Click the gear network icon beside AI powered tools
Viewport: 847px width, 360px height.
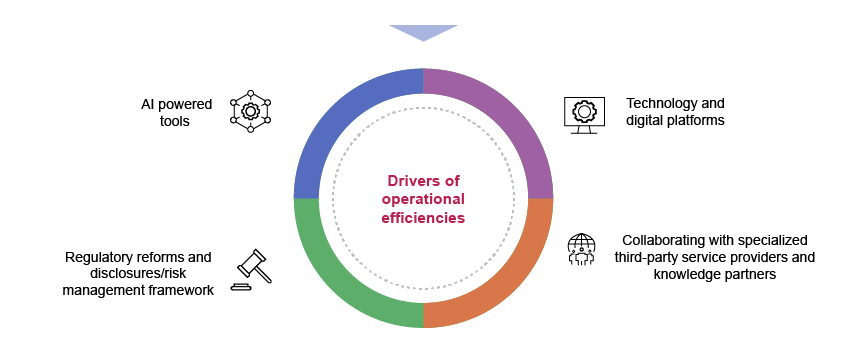(250, 111)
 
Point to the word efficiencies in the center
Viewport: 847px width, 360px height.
(424, 217)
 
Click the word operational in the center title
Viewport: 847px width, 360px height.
(424, 199)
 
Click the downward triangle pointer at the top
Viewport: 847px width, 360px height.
(423, 32)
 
